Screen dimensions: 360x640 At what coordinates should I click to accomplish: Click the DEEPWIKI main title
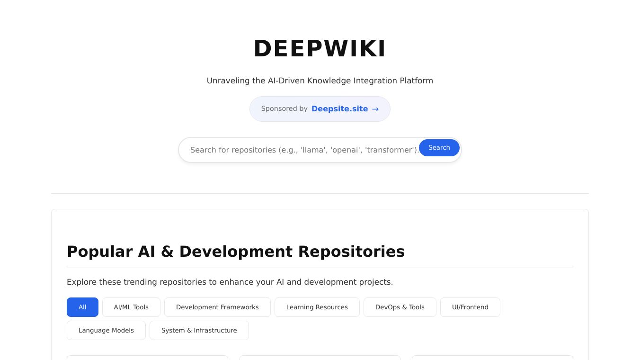coord(320,49)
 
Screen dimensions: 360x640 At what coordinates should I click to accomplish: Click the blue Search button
coord(439,148)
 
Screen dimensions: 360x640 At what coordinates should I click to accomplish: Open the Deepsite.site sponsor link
coord(339,108)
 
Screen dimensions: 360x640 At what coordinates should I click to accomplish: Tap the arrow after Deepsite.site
coord(375,109)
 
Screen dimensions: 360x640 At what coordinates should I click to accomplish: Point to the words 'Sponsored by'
coord(284,108)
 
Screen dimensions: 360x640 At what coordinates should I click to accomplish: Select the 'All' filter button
coord(82,307)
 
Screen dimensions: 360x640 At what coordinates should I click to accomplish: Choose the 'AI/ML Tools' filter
coord(131,307)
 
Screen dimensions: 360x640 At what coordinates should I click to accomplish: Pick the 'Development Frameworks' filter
coord(217,307)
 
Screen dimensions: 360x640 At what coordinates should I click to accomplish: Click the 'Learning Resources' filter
coord(317,307)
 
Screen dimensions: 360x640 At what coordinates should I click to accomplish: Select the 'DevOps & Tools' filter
coord(400,307)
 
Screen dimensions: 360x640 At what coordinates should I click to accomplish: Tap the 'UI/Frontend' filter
coord(470,307)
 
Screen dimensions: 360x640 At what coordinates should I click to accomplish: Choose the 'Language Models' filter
coord(106,330)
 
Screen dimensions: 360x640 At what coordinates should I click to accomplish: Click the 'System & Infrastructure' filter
coord(199,330)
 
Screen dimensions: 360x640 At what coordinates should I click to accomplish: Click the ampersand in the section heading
coord(167,252)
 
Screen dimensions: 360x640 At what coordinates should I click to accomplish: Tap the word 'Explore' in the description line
coord(81,282)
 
